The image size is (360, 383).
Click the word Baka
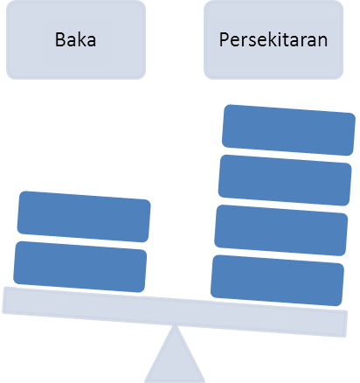[x=75, y=39]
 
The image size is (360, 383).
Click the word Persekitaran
[x=273, y=39]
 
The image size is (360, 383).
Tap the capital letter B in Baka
[x=59, y=39]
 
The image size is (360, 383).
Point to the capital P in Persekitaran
[x=224, y=39]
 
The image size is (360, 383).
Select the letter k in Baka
[x=80, y=39]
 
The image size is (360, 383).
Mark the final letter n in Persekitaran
[x=322, y=42]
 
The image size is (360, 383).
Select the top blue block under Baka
[x=84, y=217]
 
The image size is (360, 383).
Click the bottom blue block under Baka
[x=80, y=267]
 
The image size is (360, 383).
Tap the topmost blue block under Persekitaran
[x=288, y=130]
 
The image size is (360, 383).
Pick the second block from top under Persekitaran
[x=285, y=180]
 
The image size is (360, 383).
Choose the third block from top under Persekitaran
[x=281, y=230]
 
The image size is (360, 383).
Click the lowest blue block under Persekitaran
[x=277, y=281]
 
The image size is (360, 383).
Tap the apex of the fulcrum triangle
[x=175, y=325]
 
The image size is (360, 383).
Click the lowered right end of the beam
[x=346, y=324]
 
